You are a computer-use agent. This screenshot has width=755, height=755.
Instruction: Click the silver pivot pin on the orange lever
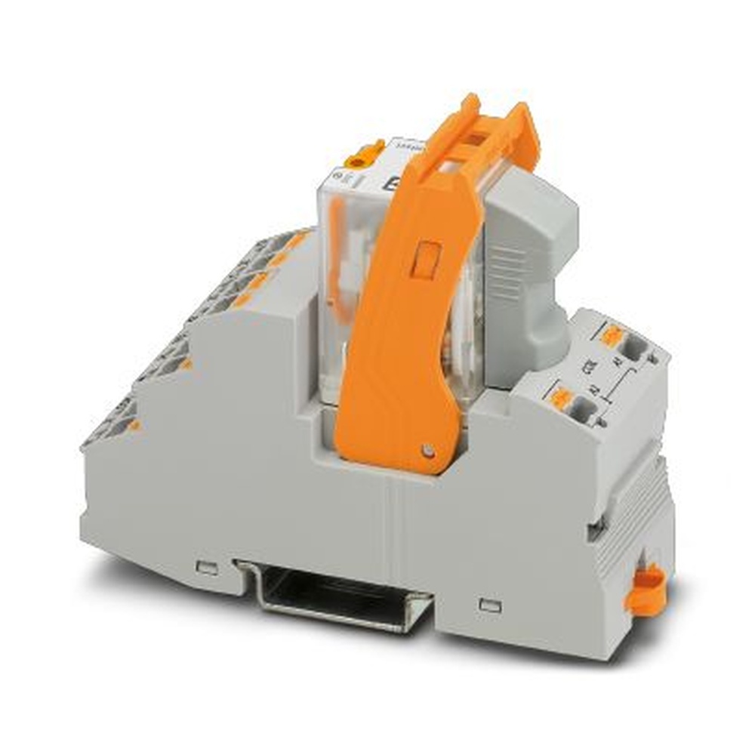[x=428, y=451]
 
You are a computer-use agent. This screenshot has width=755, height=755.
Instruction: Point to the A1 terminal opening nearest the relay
[x=634, y=347]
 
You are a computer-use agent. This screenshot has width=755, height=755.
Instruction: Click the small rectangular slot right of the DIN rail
[x=490, y=604]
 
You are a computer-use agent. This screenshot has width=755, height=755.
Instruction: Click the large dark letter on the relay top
[x=393, y=185]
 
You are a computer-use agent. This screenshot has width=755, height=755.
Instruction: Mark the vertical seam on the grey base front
[x=393, y=544]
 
